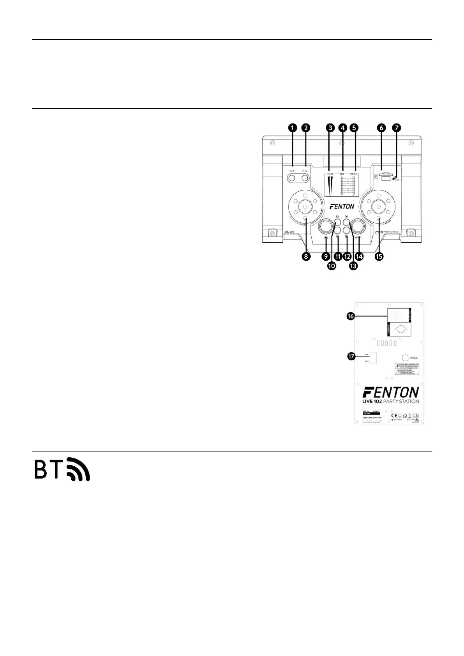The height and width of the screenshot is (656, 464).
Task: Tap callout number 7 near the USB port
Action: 397,127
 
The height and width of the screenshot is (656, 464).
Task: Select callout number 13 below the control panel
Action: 353,266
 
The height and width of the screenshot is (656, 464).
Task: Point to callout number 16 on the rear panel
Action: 351,317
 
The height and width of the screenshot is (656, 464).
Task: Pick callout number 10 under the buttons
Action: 332,266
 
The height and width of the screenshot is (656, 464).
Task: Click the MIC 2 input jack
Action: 305,178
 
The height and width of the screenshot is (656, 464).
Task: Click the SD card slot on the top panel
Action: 385,175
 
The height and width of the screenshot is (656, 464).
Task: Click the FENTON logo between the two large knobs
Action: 342,206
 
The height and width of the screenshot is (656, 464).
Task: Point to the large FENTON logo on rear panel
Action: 390,392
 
